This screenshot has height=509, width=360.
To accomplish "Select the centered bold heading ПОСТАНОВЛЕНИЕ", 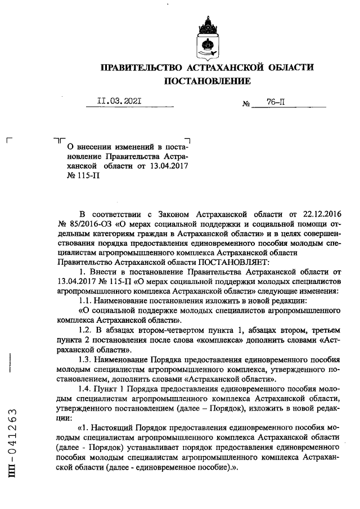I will (x=206, y=82).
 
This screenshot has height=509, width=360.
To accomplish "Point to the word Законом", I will (x=170, y=214).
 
